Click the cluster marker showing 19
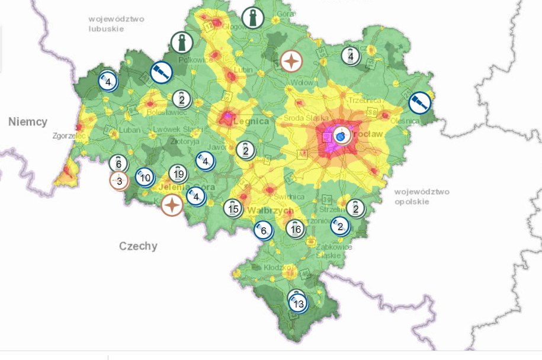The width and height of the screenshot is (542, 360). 178,173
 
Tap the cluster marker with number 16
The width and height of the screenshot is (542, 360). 296,228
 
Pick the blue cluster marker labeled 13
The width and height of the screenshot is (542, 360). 298,304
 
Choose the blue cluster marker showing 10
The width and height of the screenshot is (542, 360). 145,177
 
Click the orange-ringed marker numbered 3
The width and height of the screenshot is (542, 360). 119,181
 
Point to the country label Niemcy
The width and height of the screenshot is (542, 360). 28,121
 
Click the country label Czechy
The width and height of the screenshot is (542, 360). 138,246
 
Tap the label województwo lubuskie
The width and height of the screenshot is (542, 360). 113,24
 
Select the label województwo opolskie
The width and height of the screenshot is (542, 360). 422,197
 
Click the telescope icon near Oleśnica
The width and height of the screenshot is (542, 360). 420,103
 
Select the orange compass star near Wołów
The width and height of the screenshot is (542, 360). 291,61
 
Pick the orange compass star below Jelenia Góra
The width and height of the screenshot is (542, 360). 172,205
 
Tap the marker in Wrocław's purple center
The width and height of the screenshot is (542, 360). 341,136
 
